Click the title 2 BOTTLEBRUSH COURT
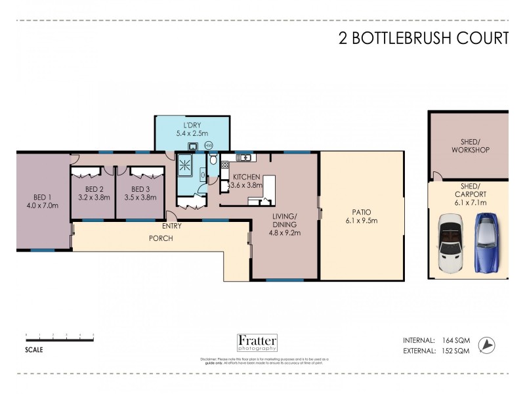[423, 38]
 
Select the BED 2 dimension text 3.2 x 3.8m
[92, 196]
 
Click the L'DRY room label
[191, 125]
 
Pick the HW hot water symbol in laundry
[209, 145]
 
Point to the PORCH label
[159, 238]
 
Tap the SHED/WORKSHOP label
[471, 145]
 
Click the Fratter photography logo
[257, 343]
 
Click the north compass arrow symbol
[486, 343]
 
